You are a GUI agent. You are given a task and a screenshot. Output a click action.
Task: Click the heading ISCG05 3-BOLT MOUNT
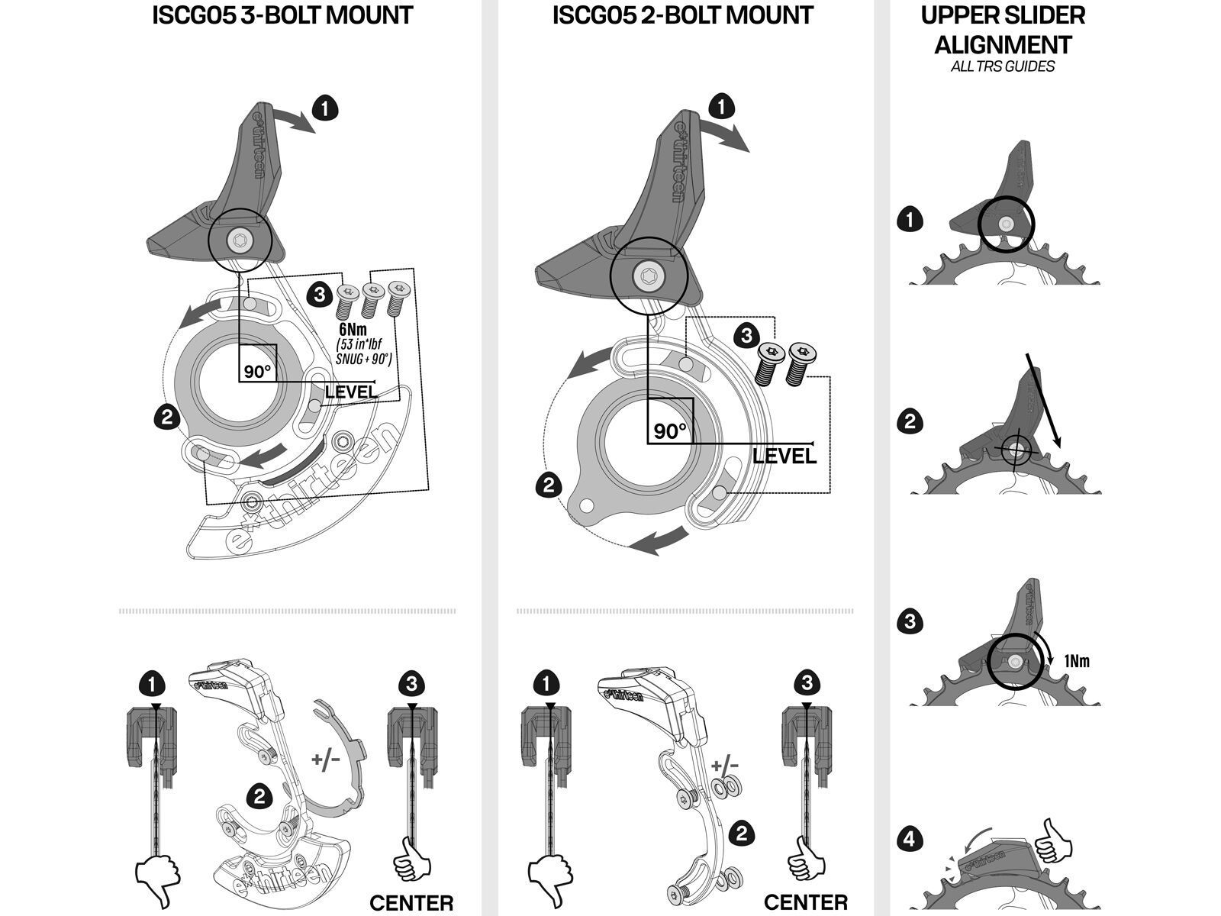click(x=282, y=15)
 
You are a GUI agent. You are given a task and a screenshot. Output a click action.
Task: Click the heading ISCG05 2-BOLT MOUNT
click(x=683, y=15)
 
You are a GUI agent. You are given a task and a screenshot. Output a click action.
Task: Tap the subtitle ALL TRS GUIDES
click(x=1003, y=66)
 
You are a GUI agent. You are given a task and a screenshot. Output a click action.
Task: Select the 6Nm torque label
click(x=353, y=330)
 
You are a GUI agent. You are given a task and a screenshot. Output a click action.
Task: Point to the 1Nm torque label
click(x=1076, y=661)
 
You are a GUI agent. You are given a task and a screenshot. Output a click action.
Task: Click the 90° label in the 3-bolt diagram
click(x=258, y=372)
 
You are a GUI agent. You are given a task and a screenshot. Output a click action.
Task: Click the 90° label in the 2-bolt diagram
click(x=670, y=431)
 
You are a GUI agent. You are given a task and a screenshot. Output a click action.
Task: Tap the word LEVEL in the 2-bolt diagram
click(x=784, y=456)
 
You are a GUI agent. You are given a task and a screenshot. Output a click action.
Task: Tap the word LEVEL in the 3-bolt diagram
click(x=351, y=392)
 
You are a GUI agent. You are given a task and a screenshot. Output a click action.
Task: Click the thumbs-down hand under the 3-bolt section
click(x=156, y=882)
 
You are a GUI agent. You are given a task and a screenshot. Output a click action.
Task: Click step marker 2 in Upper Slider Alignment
click(x=910, y=421)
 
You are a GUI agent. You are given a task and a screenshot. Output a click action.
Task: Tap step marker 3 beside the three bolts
click(x=321, y=293)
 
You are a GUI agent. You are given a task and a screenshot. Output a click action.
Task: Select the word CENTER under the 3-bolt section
click(x=411, y=903)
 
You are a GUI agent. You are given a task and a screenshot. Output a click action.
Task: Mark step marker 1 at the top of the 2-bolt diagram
click(x=721, y=107)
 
